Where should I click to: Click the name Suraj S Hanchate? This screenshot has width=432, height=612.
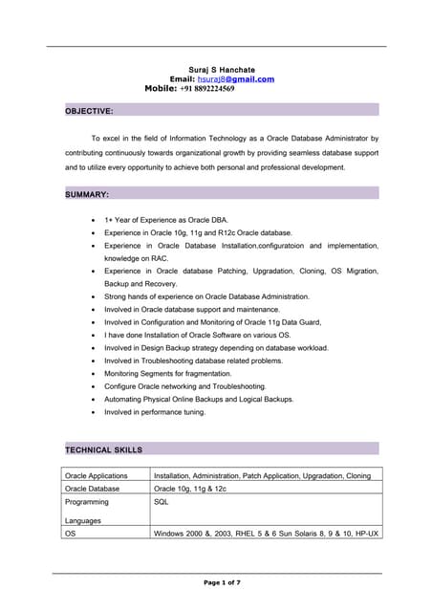(222, 69)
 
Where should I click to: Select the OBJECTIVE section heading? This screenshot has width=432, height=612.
(89, 111)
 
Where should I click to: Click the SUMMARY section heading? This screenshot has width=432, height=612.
(87, 194)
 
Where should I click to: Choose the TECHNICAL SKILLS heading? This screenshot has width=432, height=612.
(103, 448)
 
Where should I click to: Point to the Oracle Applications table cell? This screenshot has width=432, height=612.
(96, 475)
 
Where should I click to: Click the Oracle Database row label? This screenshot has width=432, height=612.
(92, 488)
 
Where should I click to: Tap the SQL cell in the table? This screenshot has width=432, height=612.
(161, 501)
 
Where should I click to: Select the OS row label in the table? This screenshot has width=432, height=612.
(70, 533)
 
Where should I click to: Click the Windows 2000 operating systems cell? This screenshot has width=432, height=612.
(266, 533)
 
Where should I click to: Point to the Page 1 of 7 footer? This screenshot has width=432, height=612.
(222, 581)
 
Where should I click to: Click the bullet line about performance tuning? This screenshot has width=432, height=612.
(155, 412)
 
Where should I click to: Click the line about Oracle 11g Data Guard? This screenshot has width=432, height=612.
(219, 322)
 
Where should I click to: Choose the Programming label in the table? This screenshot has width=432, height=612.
(86, 501)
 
